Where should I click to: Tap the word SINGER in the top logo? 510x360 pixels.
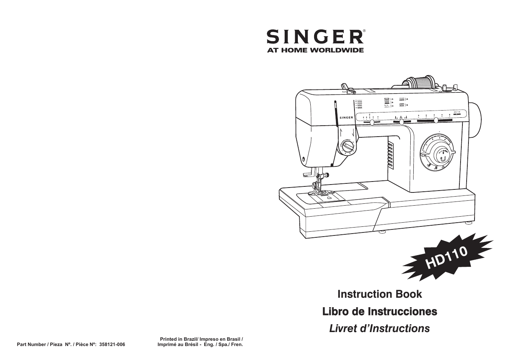(x=314, y=37)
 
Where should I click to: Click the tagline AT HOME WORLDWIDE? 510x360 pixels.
(x=315, y=50)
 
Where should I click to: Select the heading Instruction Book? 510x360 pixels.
(x=379, y=294)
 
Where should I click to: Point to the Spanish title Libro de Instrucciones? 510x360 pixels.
(x=379, y=312)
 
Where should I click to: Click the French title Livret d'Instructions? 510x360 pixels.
(x=379, y=329)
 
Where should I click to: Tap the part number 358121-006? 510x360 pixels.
(x=112, y=345)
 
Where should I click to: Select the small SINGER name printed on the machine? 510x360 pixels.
(x=346, y=117)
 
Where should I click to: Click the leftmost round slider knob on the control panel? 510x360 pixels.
(x=372, y=122)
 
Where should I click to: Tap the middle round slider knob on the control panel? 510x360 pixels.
(x=402, y=122)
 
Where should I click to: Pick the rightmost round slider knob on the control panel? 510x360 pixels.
(x=436, y=121)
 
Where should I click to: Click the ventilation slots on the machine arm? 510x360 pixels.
(x=390, y=155)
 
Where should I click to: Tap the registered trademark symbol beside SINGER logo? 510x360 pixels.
(x=364, y=31)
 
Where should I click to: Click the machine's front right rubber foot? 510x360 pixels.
(x=382, y=232)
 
